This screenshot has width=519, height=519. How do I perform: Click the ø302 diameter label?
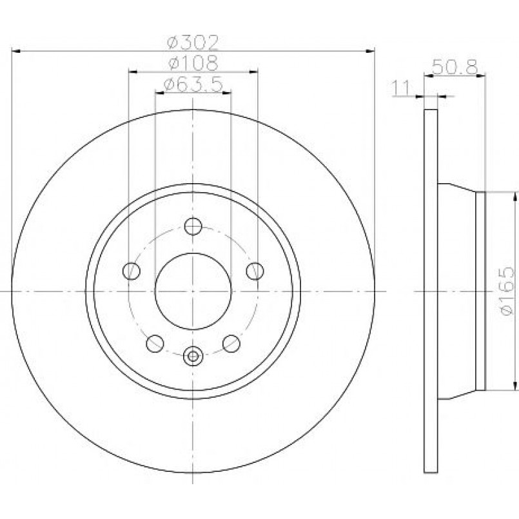coord(193,42)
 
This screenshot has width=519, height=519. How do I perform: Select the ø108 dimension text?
coord(193,63)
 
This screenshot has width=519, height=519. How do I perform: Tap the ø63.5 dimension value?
coord(193,84)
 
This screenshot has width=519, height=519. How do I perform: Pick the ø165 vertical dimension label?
coord(507,291)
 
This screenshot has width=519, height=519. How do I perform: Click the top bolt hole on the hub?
coord(193,227)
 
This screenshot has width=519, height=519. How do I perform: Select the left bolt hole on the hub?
coord(132,271)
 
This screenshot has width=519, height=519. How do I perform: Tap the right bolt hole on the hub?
coord(255,271)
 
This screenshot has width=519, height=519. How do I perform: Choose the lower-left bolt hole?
coord(155,344)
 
